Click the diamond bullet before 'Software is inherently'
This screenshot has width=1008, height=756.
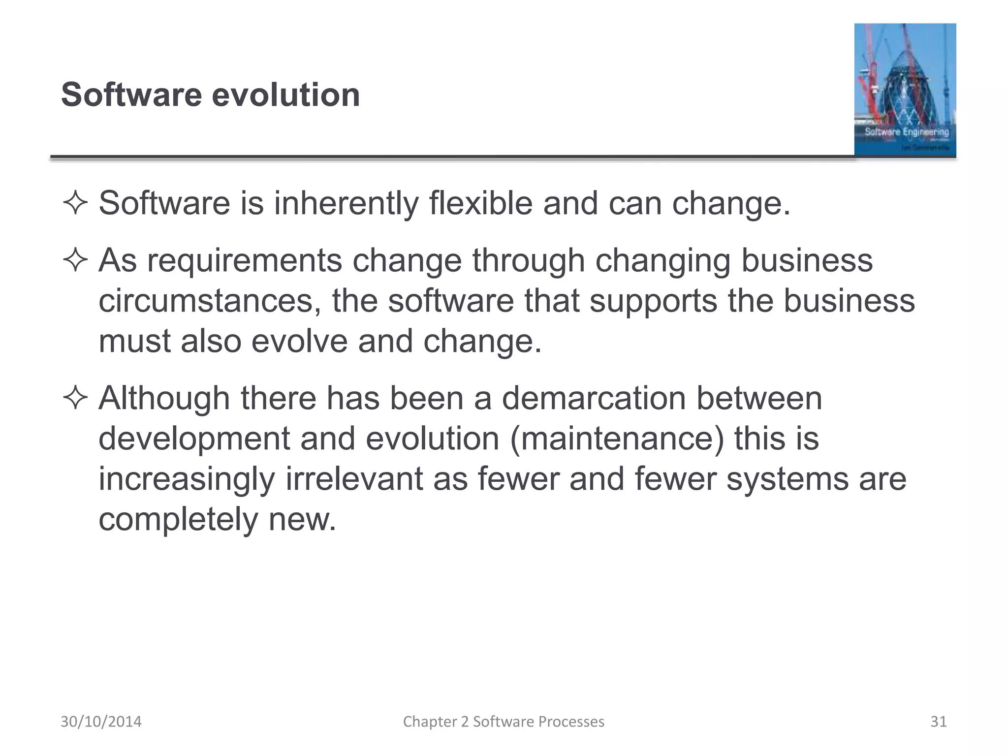tap(75, 203)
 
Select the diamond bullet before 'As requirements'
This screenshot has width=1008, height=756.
tap(75, 260)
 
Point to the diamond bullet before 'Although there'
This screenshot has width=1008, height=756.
tap(75, 398)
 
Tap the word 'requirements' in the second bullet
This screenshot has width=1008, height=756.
tap(244, 260)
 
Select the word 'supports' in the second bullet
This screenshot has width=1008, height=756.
tap(653, 301)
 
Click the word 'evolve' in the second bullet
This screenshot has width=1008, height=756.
tap(299, 341)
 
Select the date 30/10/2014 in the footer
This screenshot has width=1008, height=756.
tap(101, 722)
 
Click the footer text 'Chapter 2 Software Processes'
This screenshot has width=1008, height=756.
tap(504, 722)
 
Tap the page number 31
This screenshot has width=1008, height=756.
tap(938, 722)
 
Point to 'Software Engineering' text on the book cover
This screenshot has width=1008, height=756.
tap(907, 132)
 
